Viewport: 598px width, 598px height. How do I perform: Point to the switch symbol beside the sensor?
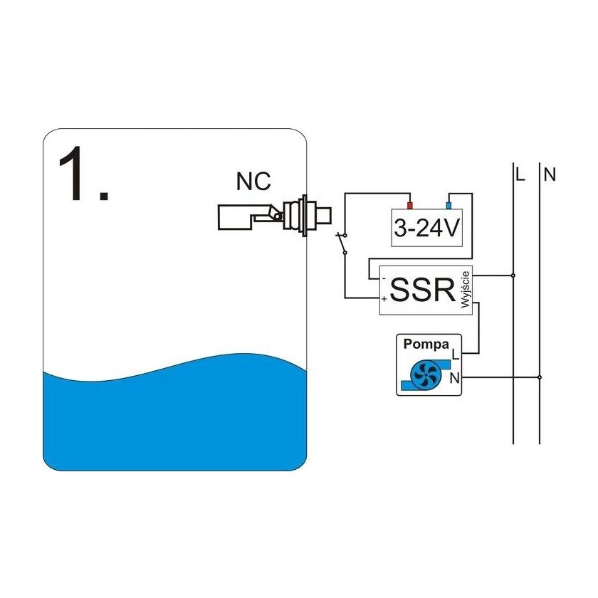point(342,243)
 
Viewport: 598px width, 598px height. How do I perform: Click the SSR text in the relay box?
point(423,290)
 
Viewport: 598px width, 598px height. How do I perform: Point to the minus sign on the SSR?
point(384,278)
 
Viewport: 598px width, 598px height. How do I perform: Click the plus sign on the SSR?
point(384,300)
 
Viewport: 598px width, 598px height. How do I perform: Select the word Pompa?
point(426,345)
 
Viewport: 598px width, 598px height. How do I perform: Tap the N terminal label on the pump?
point(455,377)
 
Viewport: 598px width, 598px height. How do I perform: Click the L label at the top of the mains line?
point(520,174)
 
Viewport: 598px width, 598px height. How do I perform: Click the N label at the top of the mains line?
point(549,174)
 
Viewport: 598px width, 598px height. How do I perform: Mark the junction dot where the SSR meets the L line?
point(513,275)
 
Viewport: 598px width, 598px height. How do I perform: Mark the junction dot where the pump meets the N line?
point(540,377)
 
